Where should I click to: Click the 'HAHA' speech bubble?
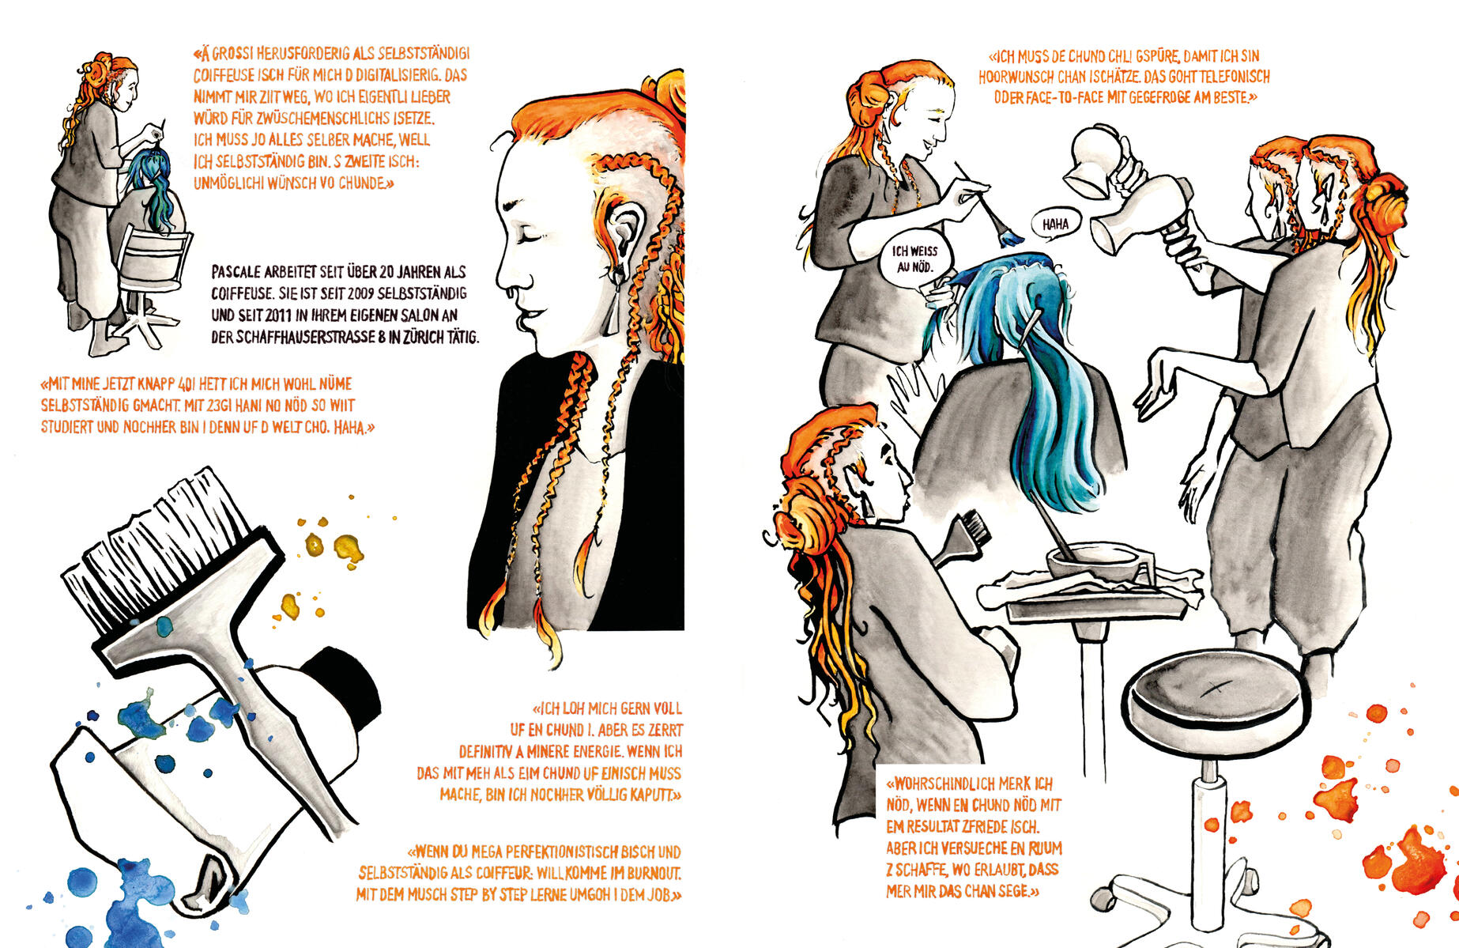[1055, 224]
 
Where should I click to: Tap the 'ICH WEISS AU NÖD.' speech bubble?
[914, 259]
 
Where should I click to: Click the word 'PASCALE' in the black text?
[236, 272]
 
